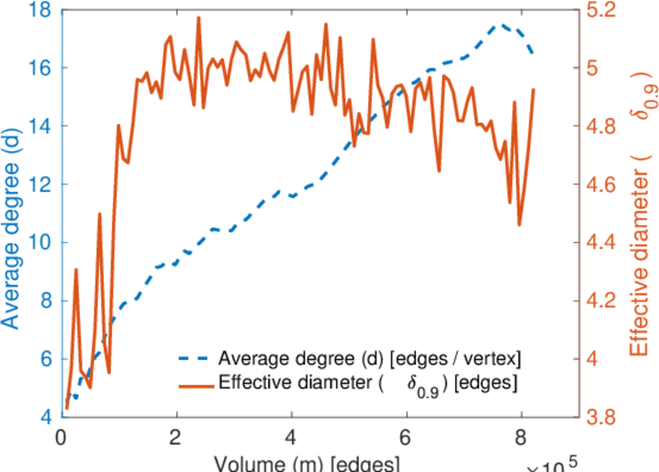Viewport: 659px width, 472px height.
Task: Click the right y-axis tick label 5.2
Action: [600, 10]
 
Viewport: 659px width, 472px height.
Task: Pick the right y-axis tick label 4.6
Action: [600, 185]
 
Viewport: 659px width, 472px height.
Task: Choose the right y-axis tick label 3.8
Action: [600, 418]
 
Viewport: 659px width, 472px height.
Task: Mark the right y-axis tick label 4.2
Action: [600, 301]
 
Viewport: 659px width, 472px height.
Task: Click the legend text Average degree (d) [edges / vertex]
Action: [370, 360]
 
